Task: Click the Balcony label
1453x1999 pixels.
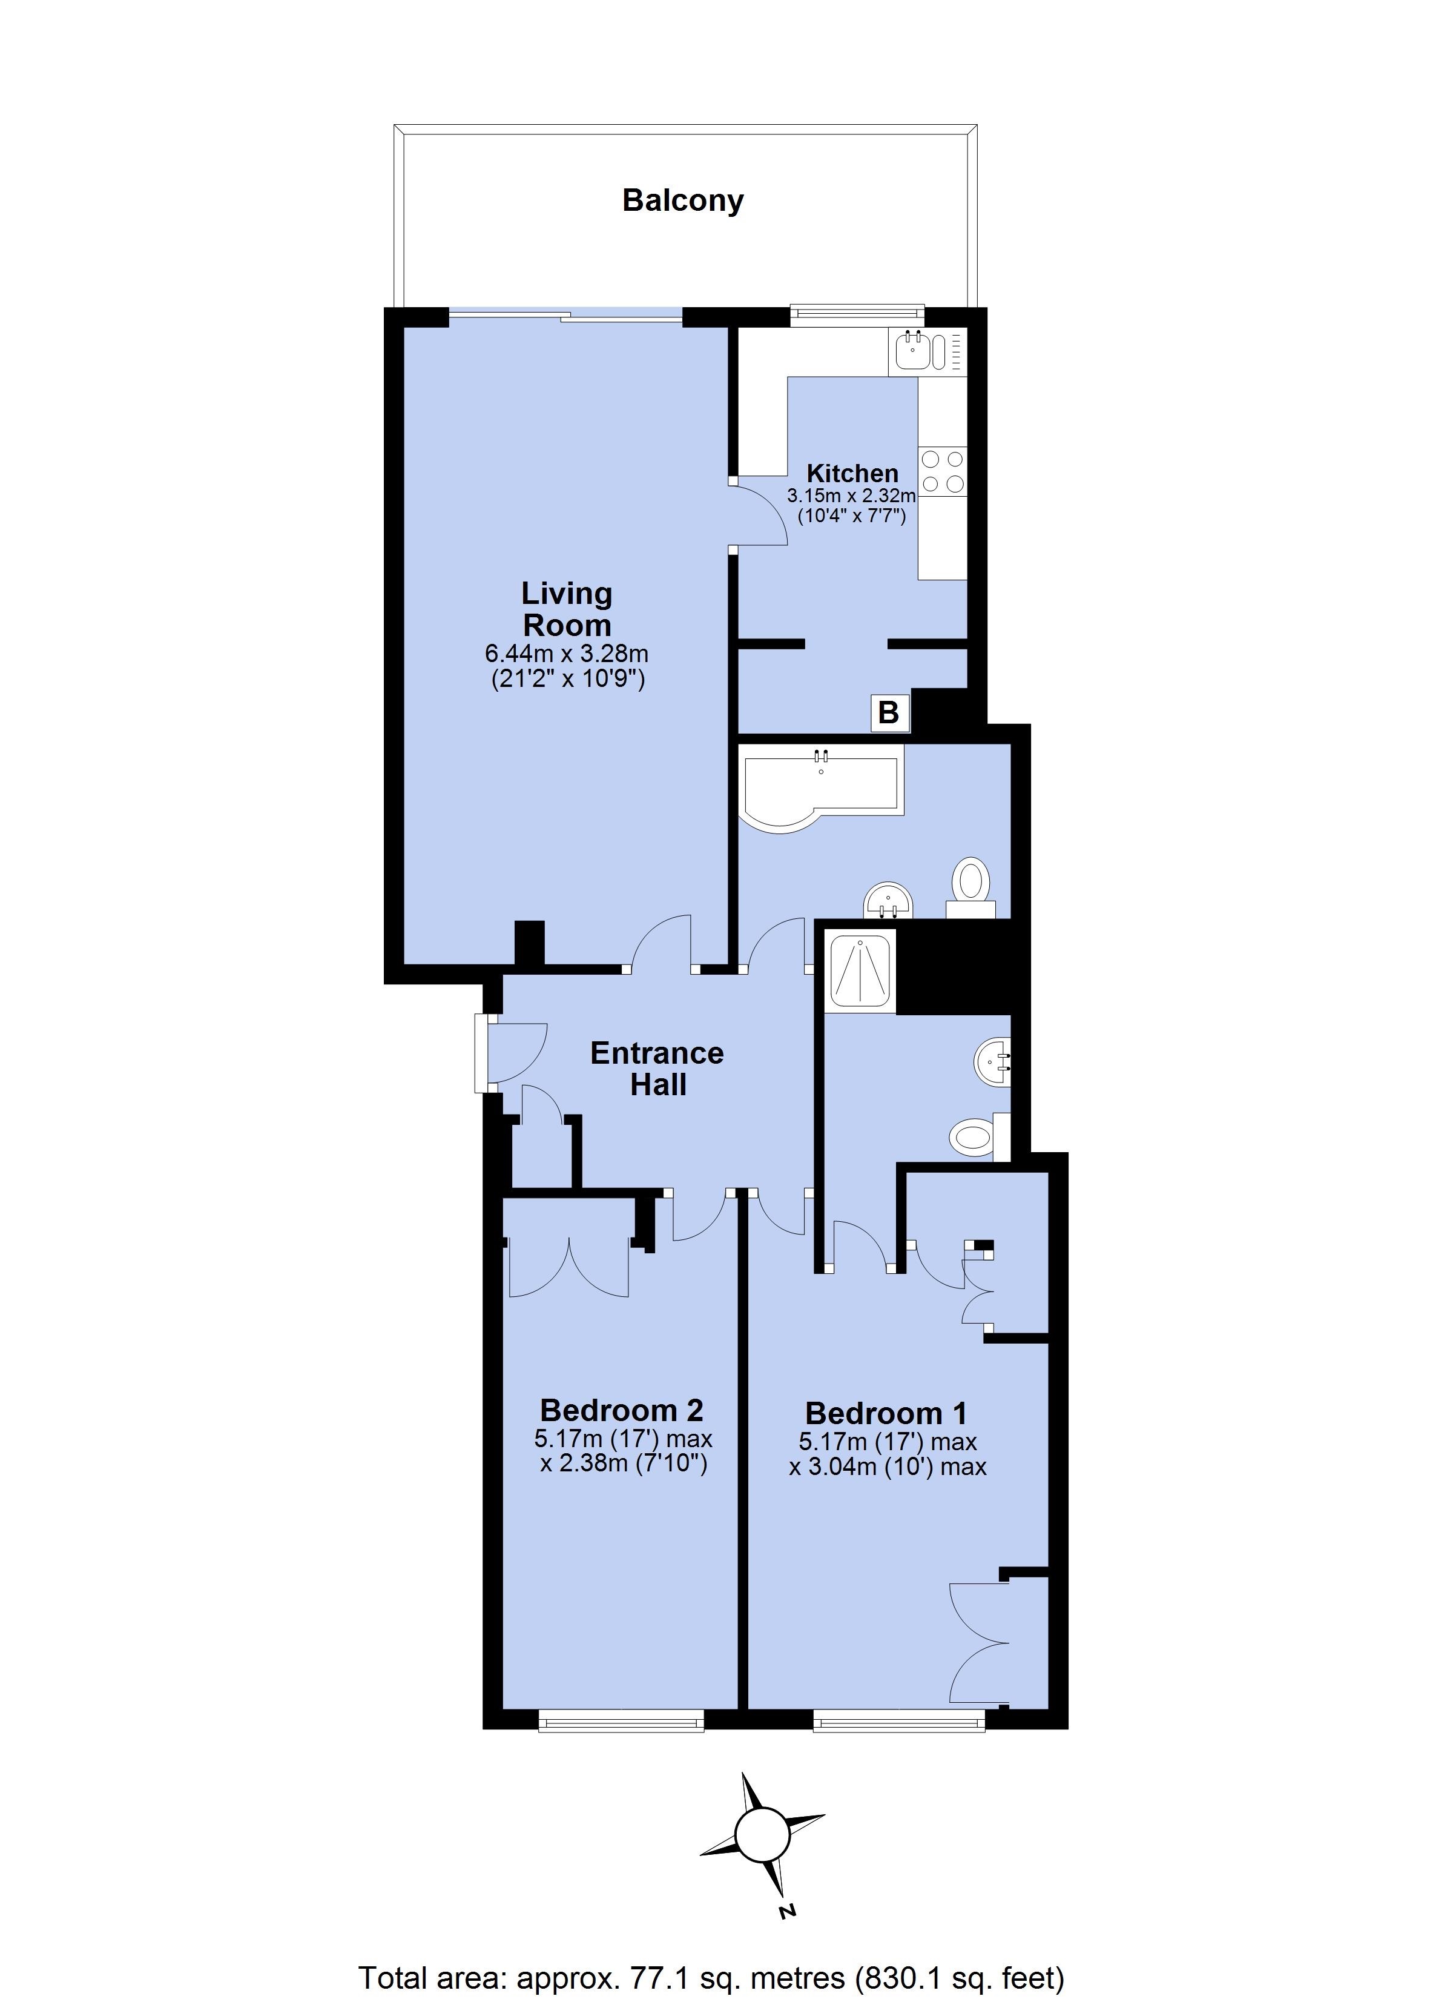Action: [683, 201]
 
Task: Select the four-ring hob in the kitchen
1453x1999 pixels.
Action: [943, 471]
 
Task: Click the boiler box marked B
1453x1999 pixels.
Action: [889, 712]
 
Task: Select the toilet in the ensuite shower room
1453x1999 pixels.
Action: [979, 1136]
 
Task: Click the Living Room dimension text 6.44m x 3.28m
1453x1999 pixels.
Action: [567, 654]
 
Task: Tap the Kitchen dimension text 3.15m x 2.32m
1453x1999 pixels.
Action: [851, 496]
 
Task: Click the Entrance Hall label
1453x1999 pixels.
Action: [657, 1068]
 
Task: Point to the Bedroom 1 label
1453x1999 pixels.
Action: [886, 1414]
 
